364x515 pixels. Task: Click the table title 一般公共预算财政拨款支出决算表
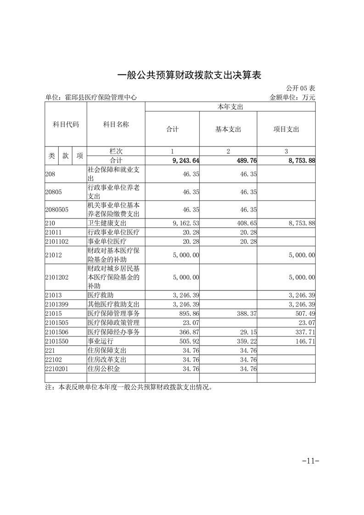[x=189, y=75]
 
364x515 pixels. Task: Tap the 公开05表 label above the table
[x=301, y=88]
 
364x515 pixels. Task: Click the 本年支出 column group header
[x=230, y=106]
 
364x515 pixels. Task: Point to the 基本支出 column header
[x=228, y=129]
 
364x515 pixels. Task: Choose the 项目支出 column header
[x=286, y=129]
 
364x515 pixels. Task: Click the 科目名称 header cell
[x=116, y=124]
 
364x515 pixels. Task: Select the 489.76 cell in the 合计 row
[x=243, y=160]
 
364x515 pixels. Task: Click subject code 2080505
[x=57, y=209]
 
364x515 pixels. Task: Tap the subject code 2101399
[x=57, y=304]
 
